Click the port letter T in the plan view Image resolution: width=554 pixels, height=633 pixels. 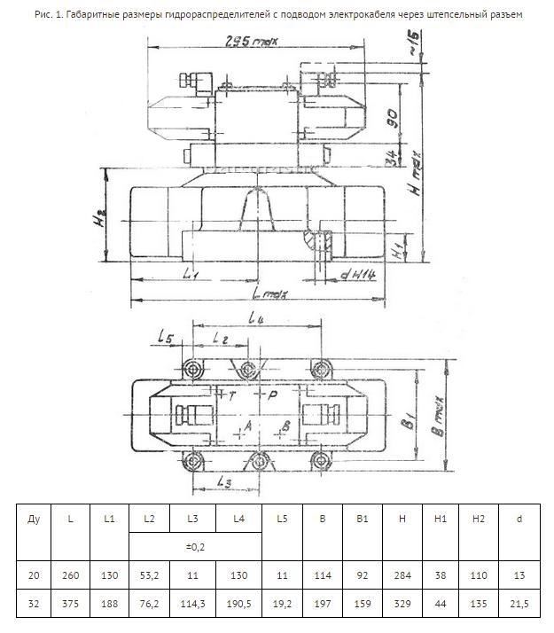point(232,396)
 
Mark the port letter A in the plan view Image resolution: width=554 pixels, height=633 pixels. point(247,427)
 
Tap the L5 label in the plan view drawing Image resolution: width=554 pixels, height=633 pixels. point(166,336)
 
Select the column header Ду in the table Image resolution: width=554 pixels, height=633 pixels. point(34,518)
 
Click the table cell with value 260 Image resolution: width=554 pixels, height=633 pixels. point(71,575)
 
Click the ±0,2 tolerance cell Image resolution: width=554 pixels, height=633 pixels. point(195,546)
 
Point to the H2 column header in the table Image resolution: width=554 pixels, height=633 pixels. point(479,518)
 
